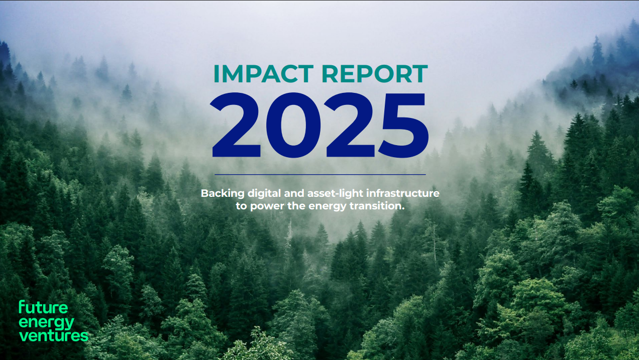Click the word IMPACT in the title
tap(263, 73)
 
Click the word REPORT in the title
tap(375, 73)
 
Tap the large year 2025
tap(319, 125)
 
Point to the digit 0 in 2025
tap(293, 125)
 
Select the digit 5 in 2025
tap(404, 126)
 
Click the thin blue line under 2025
tap(320, 174)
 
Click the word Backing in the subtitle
tap(223, 194)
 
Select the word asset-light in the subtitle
tap(335, 194)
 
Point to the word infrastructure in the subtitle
tap(403, 193)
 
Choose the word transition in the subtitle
tap(377, 205)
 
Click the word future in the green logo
tap(43, 307)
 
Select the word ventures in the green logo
tap(54, 335)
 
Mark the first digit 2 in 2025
tap(236, 125)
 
